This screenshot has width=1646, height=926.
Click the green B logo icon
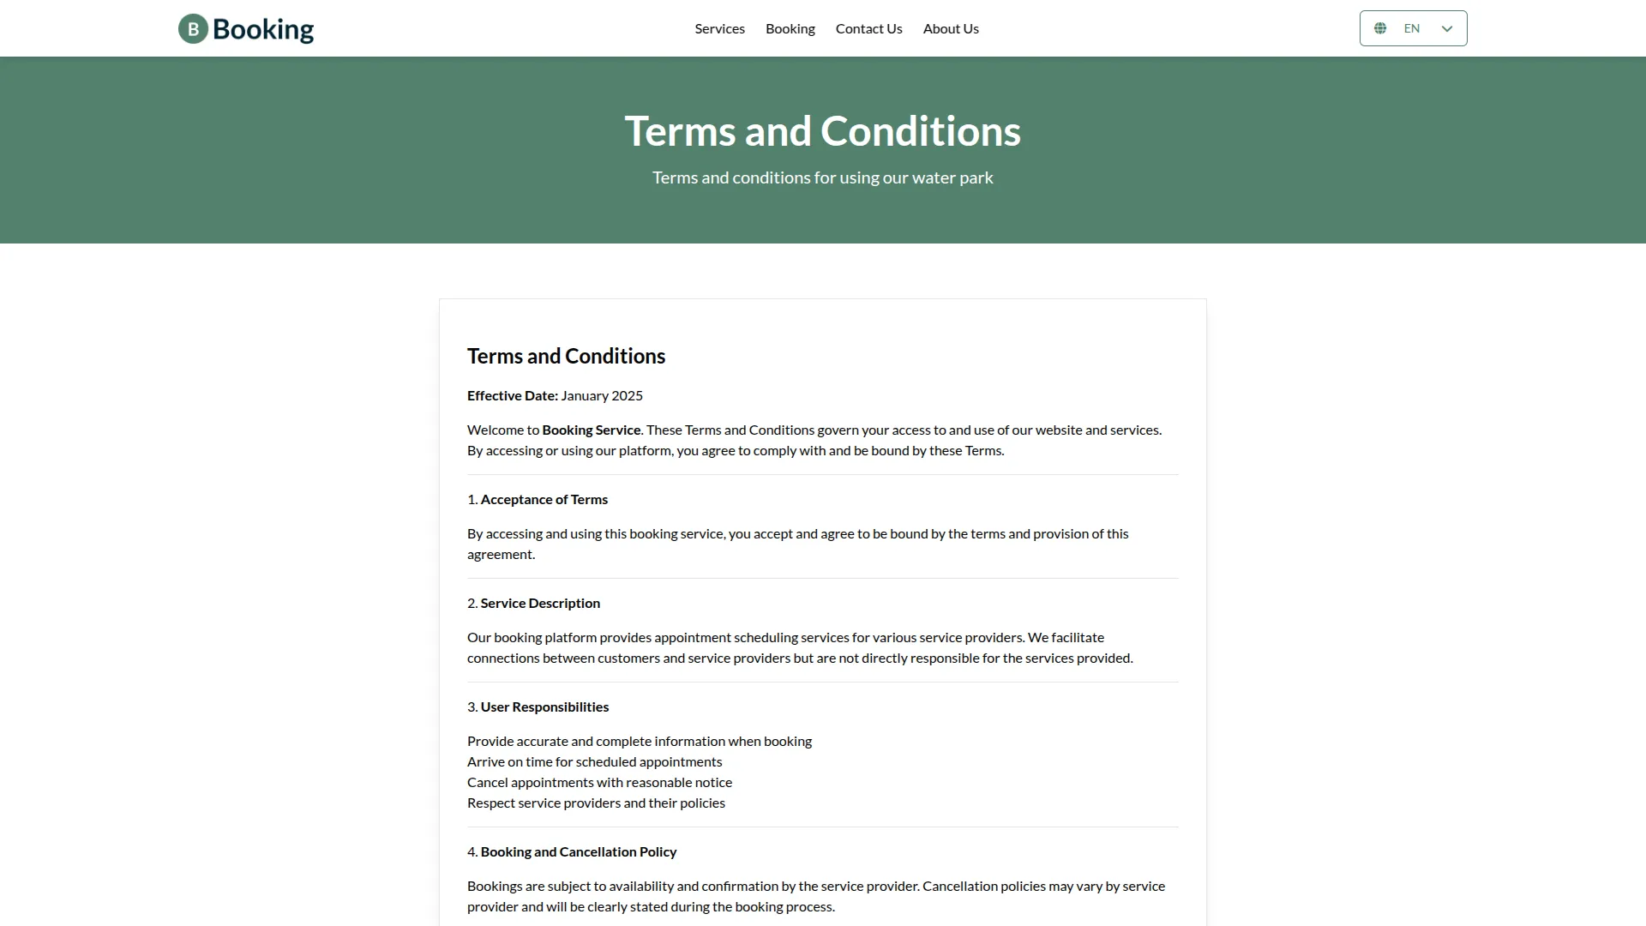193,29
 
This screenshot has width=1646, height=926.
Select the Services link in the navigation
719,29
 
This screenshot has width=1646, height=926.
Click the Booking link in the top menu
790,29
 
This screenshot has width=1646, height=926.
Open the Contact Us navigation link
868,29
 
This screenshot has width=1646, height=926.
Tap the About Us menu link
951,29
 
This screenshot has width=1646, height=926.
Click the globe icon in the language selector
1380,29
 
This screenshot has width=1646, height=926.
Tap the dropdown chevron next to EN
1447,29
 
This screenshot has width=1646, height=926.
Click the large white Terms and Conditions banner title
822,131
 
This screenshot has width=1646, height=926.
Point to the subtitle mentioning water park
822,177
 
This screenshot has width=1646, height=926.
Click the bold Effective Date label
512,396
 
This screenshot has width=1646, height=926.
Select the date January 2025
602,396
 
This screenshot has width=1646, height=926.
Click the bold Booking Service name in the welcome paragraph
591,430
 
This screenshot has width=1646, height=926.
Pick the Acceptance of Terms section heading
544,500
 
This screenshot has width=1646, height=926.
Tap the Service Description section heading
540,604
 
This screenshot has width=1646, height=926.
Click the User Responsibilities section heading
544,707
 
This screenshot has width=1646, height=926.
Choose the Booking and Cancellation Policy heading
578,852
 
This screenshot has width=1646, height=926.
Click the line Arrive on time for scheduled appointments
594,762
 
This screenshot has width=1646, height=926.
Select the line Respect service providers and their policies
596,803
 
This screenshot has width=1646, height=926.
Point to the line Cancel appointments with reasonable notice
599,783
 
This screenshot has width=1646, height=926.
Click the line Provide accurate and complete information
639,742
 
